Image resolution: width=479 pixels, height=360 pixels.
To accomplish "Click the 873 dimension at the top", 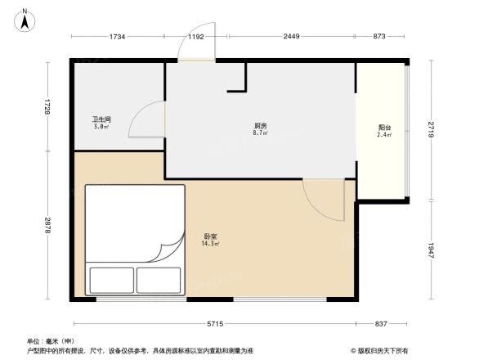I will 378,37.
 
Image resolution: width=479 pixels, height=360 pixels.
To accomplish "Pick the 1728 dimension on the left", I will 48,107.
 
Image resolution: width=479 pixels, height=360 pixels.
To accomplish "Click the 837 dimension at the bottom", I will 381,324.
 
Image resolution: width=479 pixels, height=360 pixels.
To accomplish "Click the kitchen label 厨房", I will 260,127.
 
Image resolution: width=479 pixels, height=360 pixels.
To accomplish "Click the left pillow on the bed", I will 112,280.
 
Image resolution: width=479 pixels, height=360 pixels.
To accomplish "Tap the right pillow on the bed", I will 159,280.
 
